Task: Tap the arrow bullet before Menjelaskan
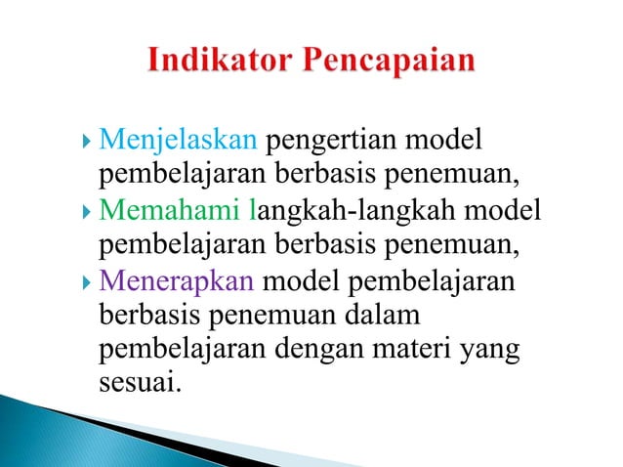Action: click(88, 143)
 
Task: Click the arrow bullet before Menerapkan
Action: click(88, 280)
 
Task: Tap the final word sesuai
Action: click(140, 381)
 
